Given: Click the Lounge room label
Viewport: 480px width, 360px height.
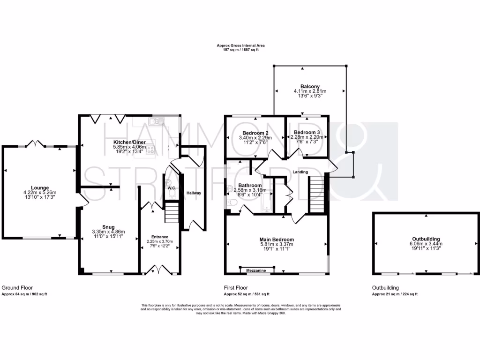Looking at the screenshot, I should coord(40,187).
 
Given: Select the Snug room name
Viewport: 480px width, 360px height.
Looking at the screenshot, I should coord(109,226).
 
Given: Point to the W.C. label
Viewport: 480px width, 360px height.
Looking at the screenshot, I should coord(172,188).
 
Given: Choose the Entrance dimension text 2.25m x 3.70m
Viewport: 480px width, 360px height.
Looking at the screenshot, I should coord(160,241).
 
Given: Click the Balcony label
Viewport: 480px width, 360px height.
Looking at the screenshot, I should coord(310,86).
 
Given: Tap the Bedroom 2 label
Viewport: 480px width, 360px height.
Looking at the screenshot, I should coord(255,132).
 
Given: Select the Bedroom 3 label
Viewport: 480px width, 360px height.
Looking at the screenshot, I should coord(307,132).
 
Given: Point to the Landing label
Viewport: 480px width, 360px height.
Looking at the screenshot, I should coord(300,172).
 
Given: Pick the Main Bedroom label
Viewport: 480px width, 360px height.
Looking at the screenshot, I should coord(277,239).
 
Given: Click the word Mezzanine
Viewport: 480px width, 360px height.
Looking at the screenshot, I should coord(257,270).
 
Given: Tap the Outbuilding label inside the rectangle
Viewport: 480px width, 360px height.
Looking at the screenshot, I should coord(426,239).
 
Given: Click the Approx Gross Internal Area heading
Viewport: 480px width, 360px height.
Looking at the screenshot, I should coord(240,45).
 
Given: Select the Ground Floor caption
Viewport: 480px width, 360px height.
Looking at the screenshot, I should coord(17,288).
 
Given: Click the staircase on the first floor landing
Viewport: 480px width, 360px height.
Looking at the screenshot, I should coord(316,194).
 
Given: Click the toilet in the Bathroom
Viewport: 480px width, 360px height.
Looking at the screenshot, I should coord(232,202).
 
